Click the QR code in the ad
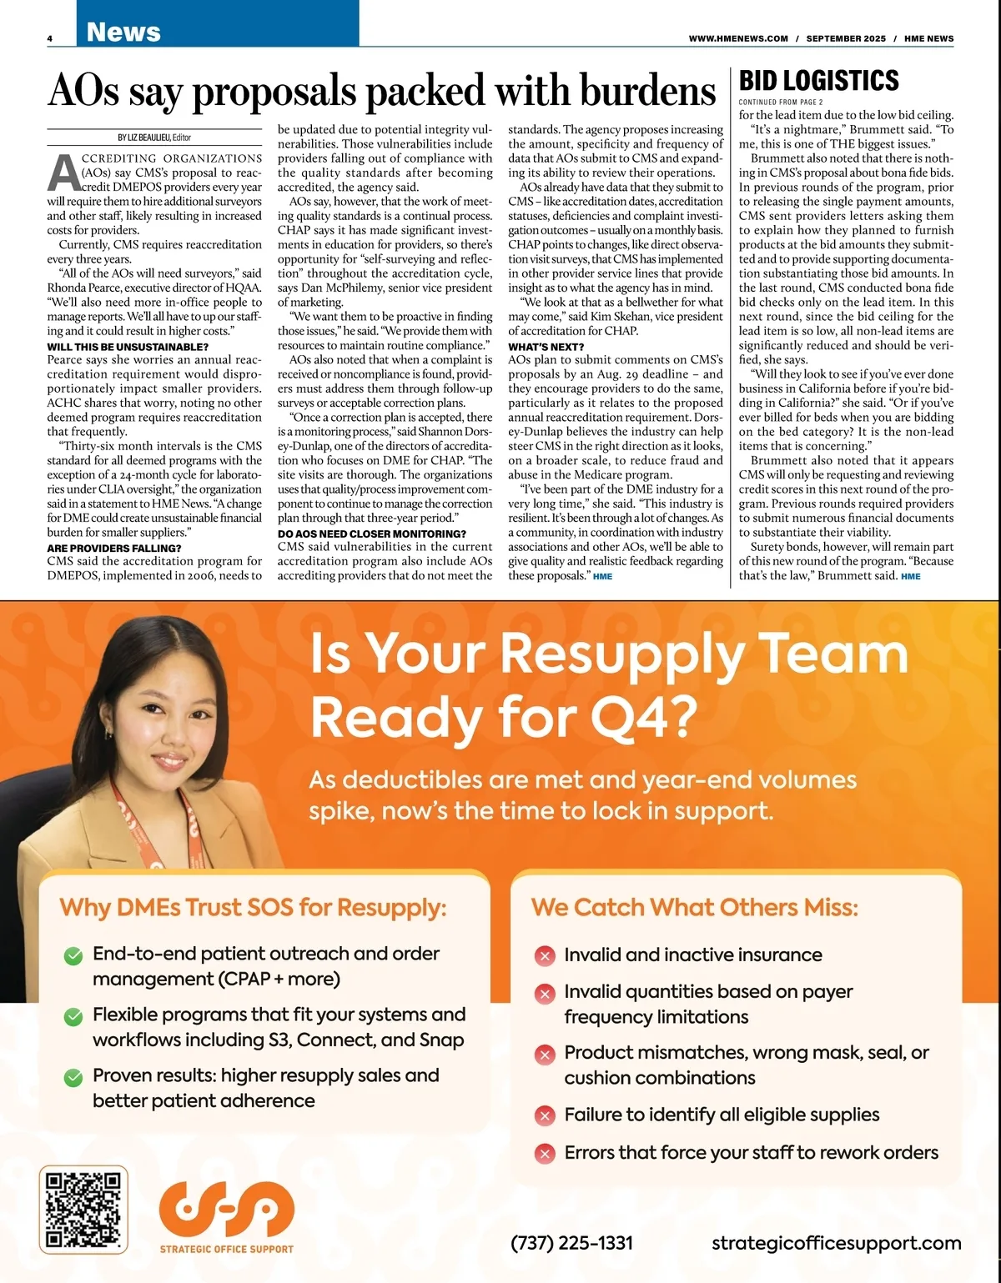coord(83,1209)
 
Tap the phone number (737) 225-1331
coord(571,1243)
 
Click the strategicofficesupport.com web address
coord(836,1243)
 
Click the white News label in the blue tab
coord(123,32)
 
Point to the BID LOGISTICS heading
coord(819,81)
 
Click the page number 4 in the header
coord(50,38)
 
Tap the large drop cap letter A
coord(63,173)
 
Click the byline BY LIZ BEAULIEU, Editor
coord(154,138)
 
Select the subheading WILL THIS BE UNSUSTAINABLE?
coord(128,347)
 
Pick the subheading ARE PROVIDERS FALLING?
coord(114,549)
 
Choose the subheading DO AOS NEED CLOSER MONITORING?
coord(372,534)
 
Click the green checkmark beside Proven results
coord(73,1077)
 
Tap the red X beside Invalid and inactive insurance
coord(545,956)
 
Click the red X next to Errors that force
coord(545,1154)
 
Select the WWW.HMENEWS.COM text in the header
coord(738,38)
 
